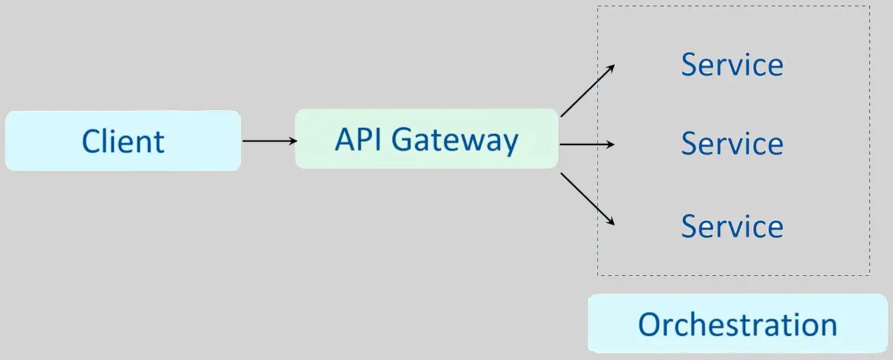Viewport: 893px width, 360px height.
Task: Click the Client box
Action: tap(123, 141)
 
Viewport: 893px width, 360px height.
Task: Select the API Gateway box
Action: tap(426, 139)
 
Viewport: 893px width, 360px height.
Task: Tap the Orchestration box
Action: tap(737, 324)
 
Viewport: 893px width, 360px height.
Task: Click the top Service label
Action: tap(732, 65)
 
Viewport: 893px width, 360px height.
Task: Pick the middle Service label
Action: tap(732, 143)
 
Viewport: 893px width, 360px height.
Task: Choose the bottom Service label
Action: tap(732, 225)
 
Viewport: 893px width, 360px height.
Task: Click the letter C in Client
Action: tap(92, 141)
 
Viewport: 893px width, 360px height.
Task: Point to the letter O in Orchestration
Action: tap(650, 325)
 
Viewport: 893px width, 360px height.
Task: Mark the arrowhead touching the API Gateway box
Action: tap(292, 140)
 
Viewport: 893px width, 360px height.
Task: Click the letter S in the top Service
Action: tap(689, 65)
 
